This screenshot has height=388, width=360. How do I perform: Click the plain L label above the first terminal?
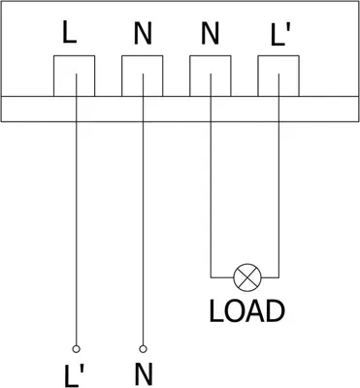69,33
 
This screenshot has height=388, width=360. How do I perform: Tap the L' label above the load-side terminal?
280,34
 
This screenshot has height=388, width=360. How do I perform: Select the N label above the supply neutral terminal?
143,33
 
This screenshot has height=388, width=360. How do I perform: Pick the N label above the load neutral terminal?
211,33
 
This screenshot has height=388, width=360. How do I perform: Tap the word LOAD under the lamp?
247,311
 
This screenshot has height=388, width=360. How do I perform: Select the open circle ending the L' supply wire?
77,349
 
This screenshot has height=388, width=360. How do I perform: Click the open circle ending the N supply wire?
143,349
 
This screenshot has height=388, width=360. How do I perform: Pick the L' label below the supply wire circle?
74,375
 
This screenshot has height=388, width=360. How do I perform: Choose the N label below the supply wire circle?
144,374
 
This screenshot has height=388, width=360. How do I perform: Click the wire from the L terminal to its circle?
77,210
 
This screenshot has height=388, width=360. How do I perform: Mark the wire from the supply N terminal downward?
143,210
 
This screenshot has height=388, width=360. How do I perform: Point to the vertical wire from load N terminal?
211,176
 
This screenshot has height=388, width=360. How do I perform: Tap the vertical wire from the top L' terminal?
278,176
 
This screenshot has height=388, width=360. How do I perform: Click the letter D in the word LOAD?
276,311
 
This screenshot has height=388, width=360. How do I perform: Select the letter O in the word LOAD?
234,311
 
